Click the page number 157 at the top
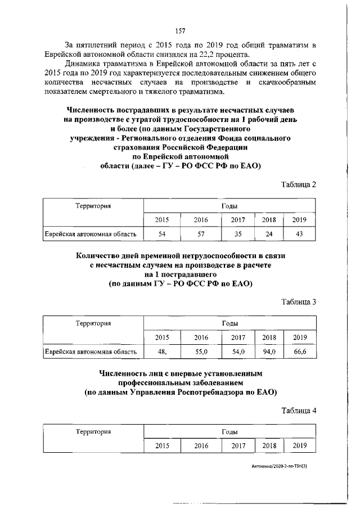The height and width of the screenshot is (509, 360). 180,30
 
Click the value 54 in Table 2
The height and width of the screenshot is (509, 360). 163,233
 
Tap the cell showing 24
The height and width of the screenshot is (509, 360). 269,233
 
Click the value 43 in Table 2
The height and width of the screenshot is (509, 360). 299,233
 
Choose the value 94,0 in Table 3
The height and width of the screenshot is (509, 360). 269,352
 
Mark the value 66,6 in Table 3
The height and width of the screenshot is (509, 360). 299,352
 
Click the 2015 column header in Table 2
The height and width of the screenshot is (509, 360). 163,220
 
